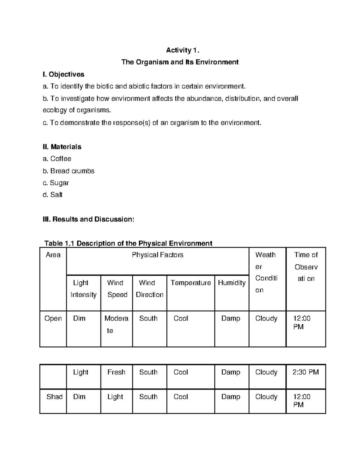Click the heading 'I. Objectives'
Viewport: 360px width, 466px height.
coord(63,74)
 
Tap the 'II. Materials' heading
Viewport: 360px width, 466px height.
coord(62,147)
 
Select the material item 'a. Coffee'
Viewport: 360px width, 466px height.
coord(57,159)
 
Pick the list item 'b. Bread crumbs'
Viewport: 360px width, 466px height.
coord(68,171)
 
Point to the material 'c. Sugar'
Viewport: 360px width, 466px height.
coord(56,183)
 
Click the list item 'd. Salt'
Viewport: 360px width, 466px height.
coord(52,195)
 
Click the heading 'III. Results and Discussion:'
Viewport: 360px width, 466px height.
coord(88,219)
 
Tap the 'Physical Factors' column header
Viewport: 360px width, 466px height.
coord(157,255)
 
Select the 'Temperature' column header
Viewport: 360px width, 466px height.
coord(191,283)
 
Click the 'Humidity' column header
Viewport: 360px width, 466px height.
coord(232,283)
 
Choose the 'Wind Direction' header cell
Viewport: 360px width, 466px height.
coord(149,289)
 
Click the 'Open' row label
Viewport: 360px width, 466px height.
coord(53,318)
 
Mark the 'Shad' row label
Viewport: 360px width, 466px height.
coord(54,397)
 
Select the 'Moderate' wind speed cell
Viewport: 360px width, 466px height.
coord(116,324)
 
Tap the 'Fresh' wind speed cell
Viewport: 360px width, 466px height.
coord(116,372)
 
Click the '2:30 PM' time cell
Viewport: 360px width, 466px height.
coord(305,372)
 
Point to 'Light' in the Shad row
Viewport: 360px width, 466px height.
coord(115,397)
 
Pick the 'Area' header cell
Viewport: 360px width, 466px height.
coord(53,255)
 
